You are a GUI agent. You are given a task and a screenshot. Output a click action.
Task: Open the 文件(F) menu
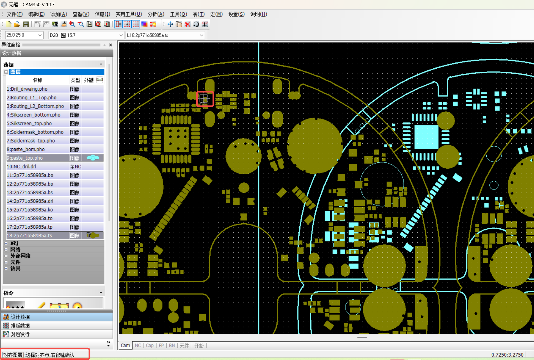point(14,14)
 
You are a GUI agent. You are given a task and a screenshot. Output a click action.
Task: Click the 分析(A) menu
point(156,14)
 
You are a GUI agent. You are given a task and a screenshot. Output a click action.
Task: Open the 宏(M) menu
point(216,14)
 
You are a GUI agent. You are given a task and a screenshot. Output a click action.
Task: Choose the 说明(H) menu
point(259,14)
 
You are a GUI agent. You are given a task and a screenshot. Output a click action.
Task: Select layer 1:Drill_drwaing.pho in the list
point(27,89)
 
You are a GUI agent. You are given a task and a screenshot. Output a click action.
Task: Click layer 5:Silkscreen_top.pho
point(29,124)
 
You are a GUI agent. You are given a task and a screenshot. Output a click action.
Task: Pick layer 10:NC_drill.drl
point(21,167)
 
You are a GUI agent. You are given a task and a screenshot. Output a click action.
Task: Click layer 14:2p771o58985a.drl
point(30,201)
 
